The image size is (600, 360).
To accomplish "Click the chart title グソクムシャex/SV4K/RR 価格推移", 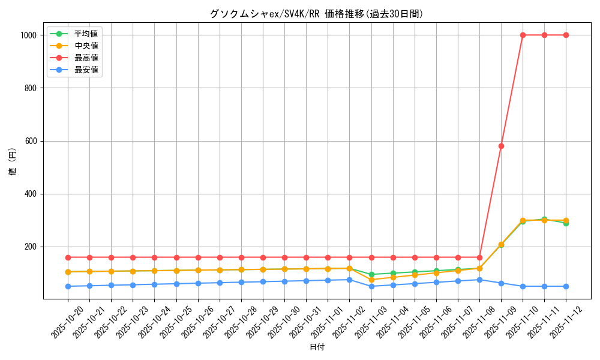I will pyautogui.click(x=316, y=14).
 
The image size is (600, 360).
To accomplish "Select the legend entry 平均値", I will pyautogui.click(x=86, y=34).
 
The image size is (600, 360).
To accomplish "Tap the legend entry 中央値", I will pyautogui.click(x=86, y=46).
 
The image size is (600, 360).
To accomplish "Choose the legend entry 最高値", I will pyautogui.click(x=86, y=58).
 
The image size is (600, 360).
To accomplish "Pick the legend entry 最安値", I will pyautogui.click(x=86, y=70).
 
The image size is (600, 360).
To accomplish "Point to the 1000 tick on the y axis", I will pyautogui.click(x=29, y=35).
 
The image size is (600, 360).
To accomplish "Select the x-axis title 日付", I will pyautogui.click(x=317, y=347).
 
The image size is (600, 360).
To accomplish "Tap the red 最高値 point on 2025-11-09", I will pyautogui.click(x=501, y=146).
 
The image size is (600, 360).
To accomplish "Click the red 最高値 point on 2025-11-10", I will pyautogui.click(x=523, y=35).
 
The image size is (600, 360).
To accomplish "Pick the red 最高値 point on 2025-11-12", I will pyautogui.click(x=566, y=35).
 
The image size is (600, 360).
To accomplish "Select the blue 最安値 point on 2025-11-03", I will pyautogui.click(x=371, y=286).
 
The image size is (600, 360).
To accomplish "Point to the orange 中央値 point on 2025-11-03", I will pyautogui.click(x=371, y=280).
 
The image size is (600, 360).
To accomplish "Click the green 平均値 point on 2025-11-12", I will pyautogui.click(x=566, y=223).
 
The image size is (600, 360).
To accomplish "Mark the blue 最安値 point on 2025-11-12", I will pyautogui.click(x=566, y=286).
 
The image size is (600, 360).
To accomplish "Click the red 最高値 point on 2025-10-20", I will pyautogui.click(x=68, y=257).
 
